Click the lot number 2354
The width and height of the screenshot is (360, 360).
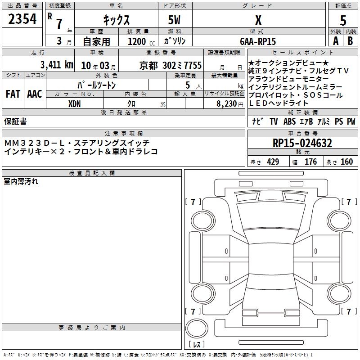(22, 19)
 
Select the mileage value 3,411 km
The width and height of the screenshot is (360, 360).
(57, 65)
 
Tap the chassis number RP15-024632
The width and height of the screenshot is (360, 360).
(302, 143)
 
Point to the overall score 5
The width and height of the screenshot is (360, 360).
(343, 20)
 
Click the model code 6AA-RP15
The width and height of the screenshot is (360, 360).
(258, 41)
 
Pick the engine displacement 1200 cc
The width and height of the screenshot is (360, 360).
(141, 41)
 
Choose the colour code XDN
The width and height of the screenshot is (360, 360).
(74, 104)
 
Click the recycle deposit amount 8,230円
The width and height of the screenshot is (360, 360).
(230, 104)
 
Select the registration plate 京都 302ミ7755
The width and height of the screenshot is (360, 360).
(171, 65)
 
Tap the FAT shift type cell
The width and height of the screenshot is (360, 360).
(13, 94)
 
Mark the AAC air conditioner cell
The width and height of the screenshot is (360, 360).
(35, 94)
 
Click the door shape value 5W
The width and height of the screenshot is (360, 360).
(174, 20)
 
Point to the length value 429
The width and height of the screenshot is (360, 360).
(273, 162)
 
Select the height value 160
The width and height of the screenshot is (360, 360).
(346, 162)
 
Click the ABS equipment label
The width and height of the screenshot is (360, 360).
(289, 121)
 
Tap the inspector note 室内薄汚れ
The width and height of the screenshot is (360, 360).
(21, 181)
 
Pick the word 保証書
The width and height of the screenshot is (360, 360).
(15, 121)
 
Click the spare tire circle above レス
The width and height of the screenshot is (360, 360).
(197, 328)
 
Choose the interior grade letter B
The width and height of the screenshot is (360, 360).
(350, 41)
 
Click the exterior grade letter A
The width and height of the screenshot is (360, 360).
(336, 41)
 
